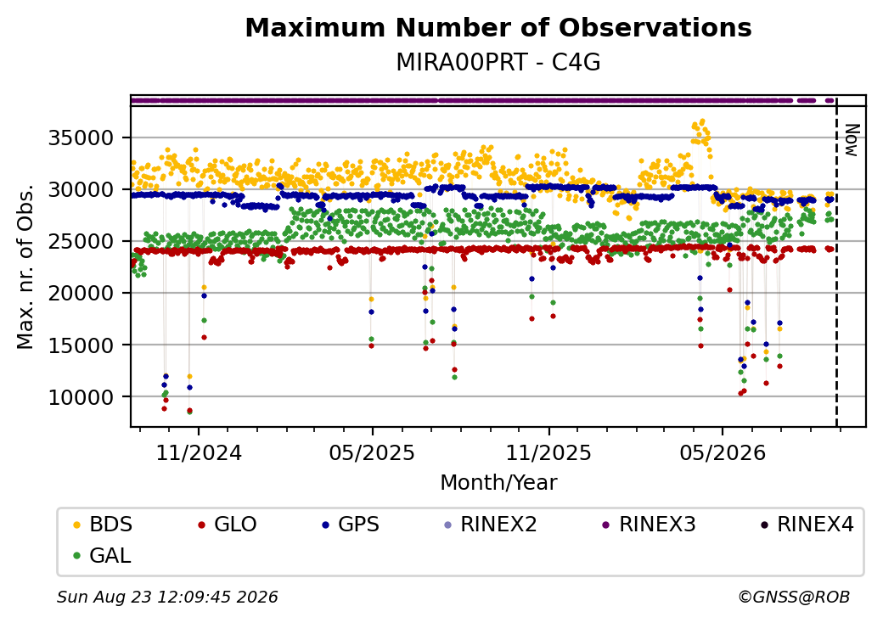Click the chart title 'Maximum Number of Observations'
click(498, 27)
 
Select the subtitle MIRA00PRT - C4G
click(498, 62)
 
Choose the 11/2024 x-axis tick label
click(198, 452)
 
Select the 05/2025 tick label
click(372, 452)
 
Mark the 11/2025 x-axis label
click(549, 452)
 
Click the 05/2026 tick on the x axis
click(723, 452)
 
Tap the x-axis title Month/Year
click(498, 482)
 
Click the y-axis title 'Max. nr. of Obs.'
click(25, 267)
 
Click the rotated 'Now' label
click(852, 141)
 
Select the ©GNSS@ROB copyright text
click(794, 597)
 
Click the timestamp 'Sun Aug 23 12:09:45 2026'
click(167, 597)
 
